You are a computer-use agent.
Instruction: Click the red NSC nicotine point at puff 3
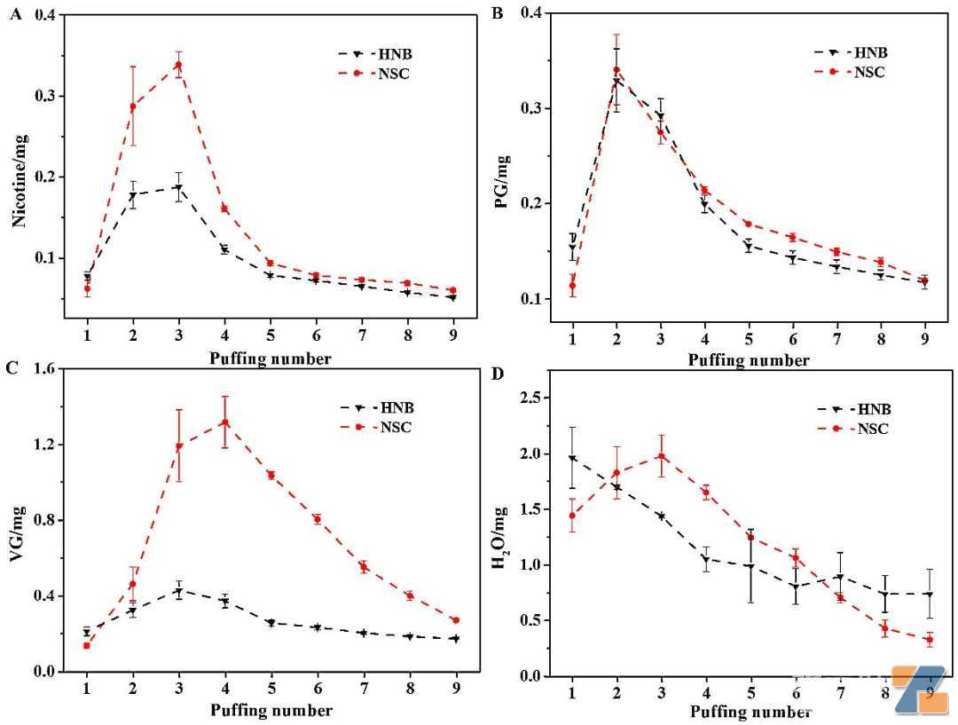(x=178, y=65)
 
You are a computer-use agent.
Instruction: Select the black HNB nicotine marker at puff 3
(x=178, y=187)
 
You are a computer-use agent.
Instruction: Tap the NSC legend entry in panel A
(x=374, y=74)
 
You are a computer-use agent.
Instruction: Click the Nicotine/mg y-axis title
(x=20, y=180)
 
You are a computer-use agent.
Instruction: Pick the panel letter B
(x=498, y=12)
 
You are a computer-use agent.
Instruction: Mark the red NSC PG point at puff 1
(x=572, y=286)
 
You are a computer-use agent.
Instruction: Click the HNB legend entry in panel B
(x=851, y=52)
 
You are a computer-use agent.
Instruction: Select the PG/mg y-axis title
(x=502, y=182)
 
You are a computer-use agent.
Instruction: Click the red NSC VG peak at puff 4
(x=224, y=422)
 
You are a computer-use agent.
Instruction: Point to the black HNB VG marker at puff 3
(x=178, y=592)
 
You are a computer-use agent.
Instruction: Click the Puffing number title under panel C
(x=271, y=710)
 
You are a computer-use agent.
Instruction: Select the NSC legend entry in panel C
(x=376, y=428)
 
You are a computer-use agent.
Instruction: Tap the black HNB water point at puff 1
(x=572, y=458)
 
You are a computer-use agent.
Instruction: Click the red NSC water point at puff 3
(x=661, y=456)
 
